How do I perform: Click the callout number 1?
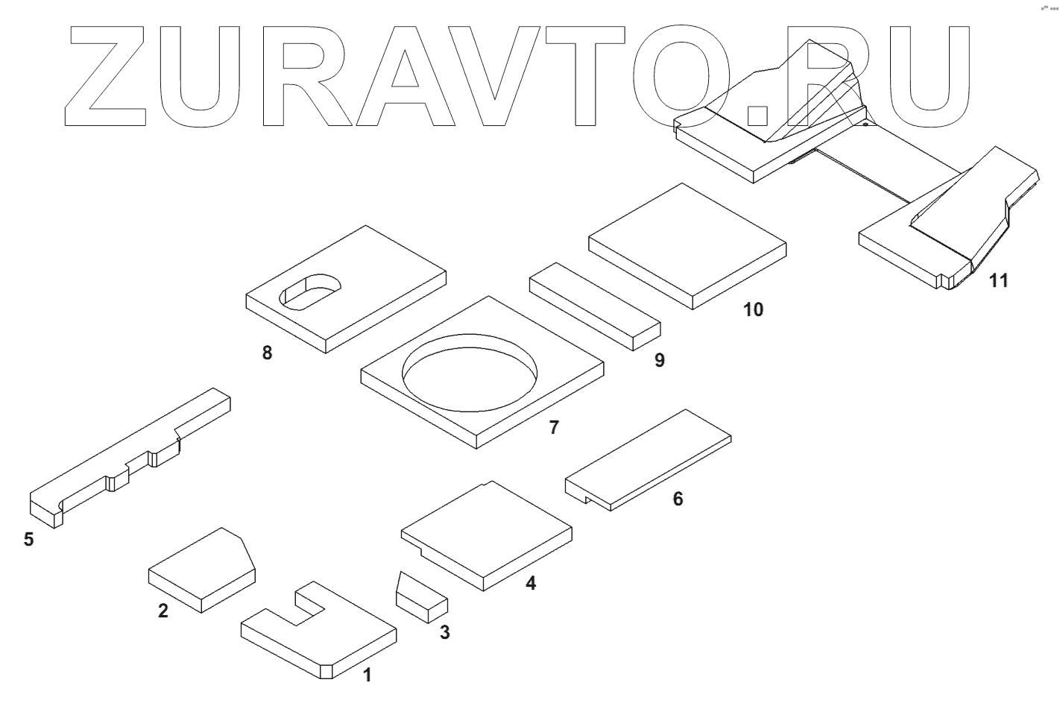click(366, 675)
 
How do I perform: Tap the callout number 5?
click(28, 539)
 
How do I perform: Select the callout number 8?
click(267, 353)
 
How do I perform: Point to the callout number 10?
click(754, 309)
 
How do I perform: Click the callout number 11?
click(998, 280)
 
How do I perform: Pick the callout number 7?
click(552, 428)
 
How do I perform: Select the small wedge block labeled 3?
click(420, 596)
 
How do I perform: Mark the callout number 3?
click(444, 634)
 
